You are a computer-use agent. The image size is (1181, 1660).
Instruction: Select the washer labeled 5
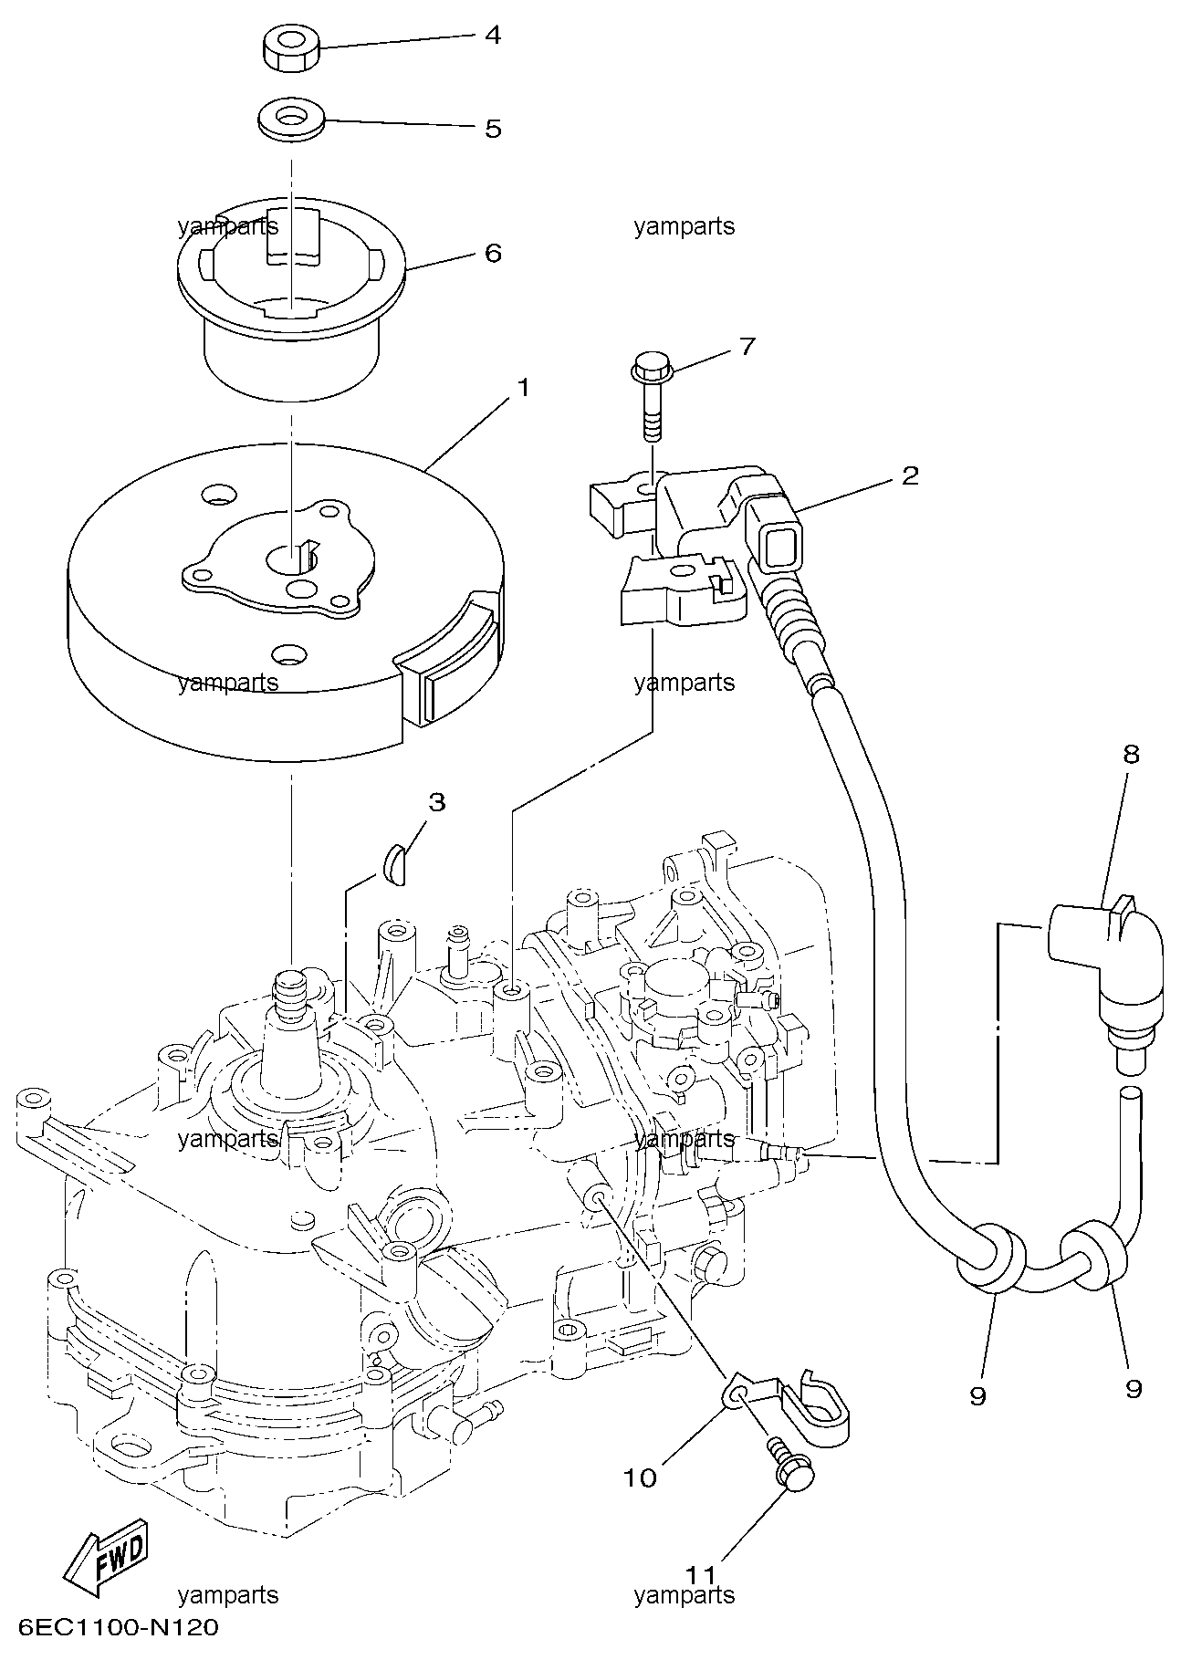coord(290,120)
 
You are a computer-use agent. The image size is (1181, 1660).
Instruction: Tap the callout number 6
coord(493,252)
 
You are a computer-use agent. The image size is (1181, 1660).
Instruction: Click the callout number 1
coord(522,388)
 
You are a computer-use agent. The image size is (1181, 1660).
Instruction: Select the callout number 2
coord(910,475)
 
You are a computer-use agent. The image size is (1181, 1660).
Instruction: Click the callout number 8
coord(1130,754)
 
